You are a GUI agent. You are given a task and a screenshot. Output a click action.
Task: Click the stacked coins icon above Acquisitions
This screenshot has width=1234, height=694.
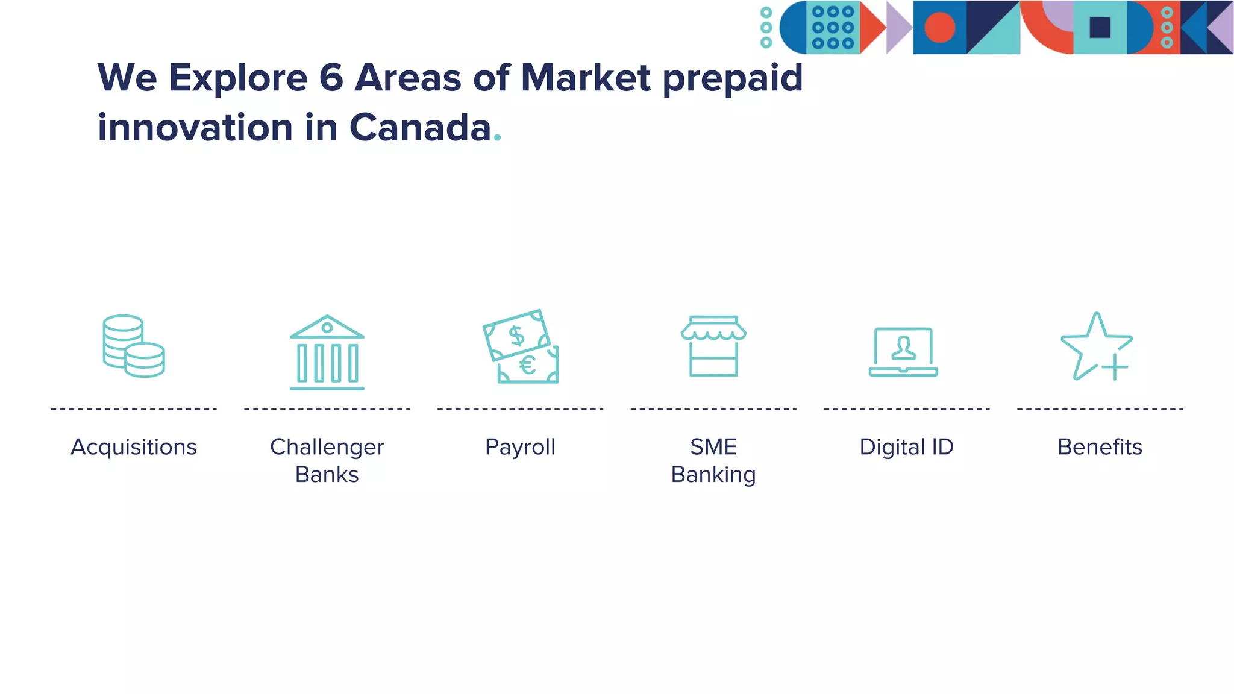coord(133,346)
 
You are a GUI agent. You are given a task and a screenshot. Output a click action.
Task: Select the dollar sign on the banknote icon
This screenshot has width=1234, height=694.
coord(516,336)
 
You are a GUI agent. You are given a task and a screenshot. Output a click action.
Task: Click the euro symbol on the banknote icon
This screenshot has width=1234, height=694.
coord(528,365)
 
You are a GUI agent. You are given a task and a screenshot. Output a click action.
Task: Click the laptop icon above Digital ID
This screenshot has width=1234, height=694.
coord(903,352)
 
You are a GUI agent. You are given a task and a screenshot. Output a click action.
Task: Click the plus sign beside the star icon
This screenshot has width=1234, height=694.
coord(1115,367)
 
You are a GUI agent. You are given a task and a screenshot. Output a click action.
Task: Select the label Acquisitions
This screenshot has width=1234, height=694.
coord(134,447)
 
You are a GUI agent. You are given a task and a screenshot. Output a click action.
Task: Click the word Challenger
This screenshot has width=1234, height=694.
coord(327,447)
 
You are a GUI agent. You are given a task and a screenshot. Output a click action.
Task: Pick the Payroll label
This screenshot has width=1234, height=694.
coord(520,447)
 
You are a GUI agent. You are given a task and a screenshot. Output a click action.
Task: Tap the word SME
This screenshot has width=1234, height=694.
coord(713,447)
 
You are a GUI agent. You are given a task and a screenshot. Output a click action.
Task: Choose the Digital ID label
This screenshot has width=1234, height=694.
coord(906,447)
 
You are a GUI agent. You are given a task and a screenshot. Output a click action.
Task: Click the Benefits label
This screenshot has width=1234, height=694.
coord(1100,447)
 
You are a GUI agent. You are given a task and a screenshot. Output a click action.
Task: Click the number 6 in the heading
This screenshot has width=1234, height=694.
coord(331,78)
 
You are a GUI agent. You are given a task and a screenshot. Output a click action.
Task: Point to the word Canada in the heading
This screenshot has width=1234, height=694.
coord(420,128)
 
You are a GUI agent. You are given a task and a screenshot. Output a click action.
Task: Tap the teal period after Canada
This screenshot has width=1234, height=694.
coord(497,139)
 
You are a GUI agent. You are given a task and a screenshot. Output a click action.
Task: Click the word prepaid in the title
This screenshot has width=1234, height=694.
coord(733,79)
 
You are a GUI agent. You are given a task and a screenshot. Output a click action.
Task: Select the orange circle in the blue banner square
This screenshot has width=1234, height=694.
coord(939,28)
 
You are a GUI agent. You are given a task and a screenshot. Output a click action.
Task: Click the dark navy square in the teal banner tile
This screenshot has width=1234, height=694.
coord(1100,28)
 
